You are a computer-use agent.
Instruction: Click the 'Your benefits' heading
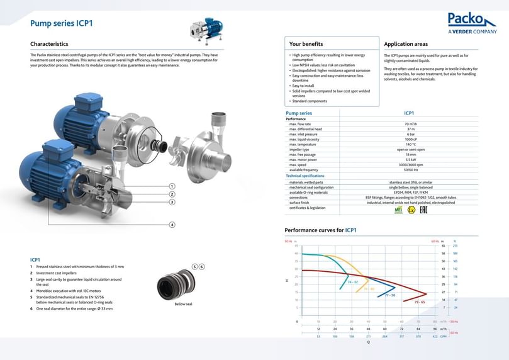pos(306,44)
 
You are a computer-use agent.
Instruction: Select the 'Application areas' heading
pos(406,44)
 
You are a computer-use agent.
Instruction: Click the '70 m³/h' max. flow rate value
pos(410,124)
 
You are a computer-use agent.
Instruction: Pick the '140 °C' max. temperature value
pos(410,144)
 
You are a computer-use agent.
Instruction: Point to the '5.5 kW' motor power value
pos(410,159)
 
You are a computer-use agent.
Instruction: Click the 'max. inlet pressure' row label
pos(303,134)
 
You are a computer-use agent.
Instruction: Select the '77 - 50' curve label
pos(390,295)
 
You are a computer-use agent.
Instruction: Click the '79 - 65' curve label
pos(420,302)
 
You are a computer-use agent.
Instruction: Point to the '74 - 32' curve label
pos(352,283)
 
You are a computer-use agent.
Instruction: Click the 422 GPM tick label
pos(435,336)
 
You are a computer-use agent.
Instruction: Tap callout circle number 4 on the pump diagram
pos(172,225)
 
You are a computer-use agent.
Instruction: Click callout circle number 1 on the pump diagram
pos(172,186)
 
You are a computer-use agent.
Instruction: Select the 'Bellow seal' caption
pos(184,304)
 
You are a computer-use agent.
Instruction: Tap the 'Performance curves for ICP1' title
pos(320,230)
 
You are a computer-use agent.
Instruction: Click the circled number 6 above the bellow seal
pos(202,267)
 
